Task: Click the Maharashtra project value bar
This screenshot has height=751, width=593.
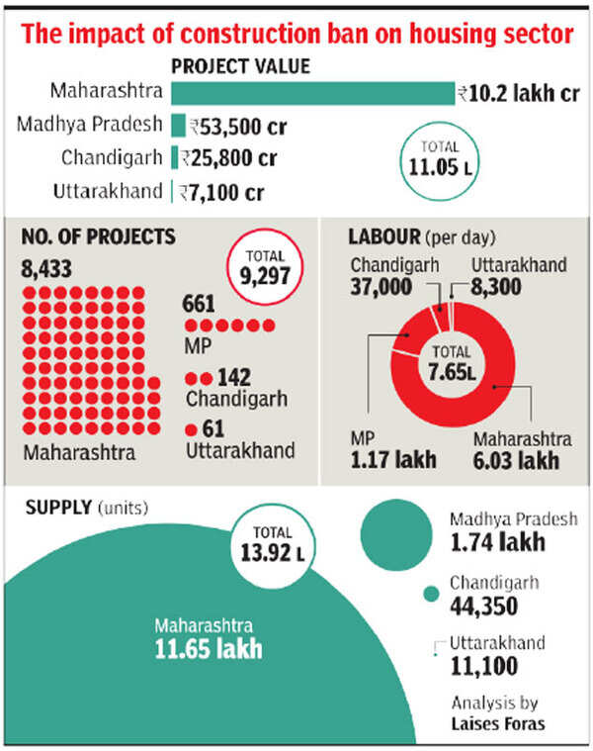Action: point(312,94)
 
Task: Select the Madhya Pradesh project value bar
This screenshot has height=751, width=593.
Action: point(178,127)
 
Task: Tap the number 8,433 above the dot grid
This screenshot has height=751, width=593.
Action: point(46,267)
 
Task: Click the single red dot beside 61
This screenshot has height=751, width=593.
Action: point(190,428)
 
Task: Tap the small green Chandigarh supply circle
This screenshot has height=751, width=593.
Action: point(430,594)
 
